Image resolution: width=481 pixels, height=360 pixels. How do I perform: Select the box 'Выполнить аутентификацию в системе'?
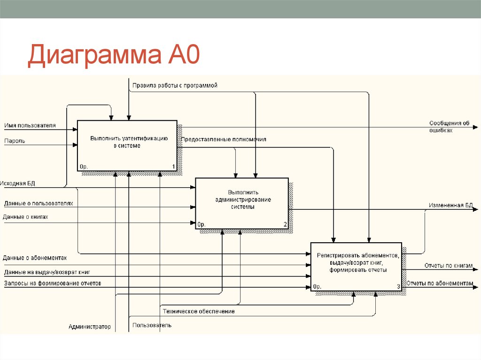[x=127, y=146]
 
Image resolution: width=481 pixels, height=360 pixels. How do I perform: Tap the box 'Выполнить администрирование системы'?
[x=242, y=203]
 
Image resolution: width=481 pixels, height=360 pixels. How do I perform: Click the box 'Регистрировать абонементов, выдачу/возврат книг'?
[x=356, y=266]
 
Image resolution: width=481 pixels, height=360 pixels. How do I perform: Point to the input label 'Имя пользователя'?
[x=30, y=125]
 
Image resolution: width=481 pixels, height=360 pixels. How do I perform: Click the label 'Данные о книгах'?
[x=26, y=217]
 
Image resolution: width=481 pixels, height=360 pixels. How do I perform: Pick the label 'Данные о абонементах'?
[x=35, y=258]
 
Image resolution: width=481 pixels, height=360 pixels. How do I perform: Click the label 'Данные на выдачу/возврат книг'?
[x=47, y=272]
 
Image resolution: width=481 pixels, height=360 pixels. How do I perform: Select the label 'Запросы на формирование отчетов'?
[x=52, y=283]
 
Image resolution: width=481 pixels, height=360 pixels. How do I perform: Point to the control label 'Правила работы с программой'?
[x=175, y=85]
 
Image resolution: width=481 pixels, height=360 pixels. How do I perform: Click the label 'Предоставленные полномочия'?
[x=224, y=139]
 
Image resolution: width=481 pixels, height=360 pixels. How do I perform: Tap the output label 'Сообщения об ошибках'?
[x=449, y=127]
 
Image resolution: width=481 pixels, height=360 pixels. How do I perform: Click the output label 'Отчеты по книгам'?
[x=448, y=266]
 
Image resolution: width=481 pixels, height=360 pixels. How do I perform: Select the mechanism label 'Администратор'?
[x=90, y=327]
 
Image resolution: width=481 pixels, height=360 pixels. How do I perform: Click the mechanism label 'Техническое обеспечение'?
[x=199, y=311]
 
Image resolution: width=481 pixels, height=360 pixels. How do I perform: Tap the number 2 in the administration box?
[x=285, y=224]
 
